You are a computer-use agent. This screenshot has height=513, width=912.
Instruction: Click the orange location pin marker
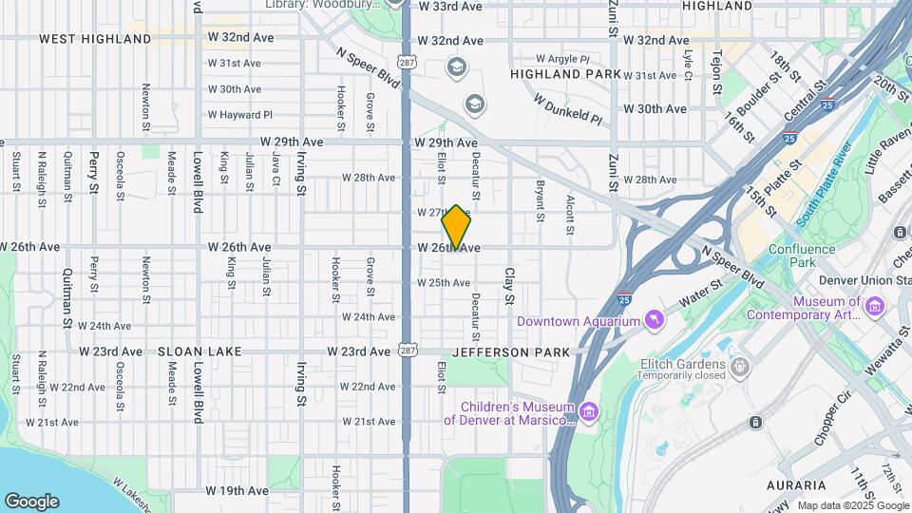(x=456, y=227)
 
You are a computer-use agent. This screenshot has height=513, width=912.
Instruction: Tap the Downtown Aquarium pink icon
(x=655, y=320)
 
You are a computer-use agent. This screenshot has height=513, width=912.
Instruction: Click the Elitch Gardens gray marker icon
(x=740, y=366)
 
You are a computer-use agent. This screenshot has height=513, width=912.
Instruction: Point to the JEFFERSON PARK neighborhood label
(x=511, y=351)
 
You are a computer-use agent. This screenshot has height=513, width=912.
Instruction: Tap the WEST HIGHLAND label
(x=95, y=39)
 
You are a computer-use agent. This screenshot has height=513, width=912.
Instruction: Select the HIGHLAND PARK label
(x=565, y=73)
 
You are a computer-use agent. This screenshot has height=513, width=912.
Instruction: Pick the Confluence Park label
(x=803, y=256)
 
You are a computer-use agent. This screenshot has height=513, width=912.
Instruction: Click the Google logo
(x=31, y=501)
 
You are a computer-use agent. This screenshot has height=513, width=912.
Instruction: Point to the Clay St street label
(x=508, y=286)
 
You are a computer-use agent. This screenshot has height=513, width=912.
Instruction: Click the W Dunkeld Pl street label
(x=568, y=109)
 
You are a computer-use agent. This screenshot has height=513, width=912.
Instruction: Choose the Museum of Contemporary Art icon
(x=875, y=306)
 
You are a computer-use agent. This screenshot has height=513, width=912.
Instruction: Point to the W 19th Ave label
(x=238, y=491)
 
